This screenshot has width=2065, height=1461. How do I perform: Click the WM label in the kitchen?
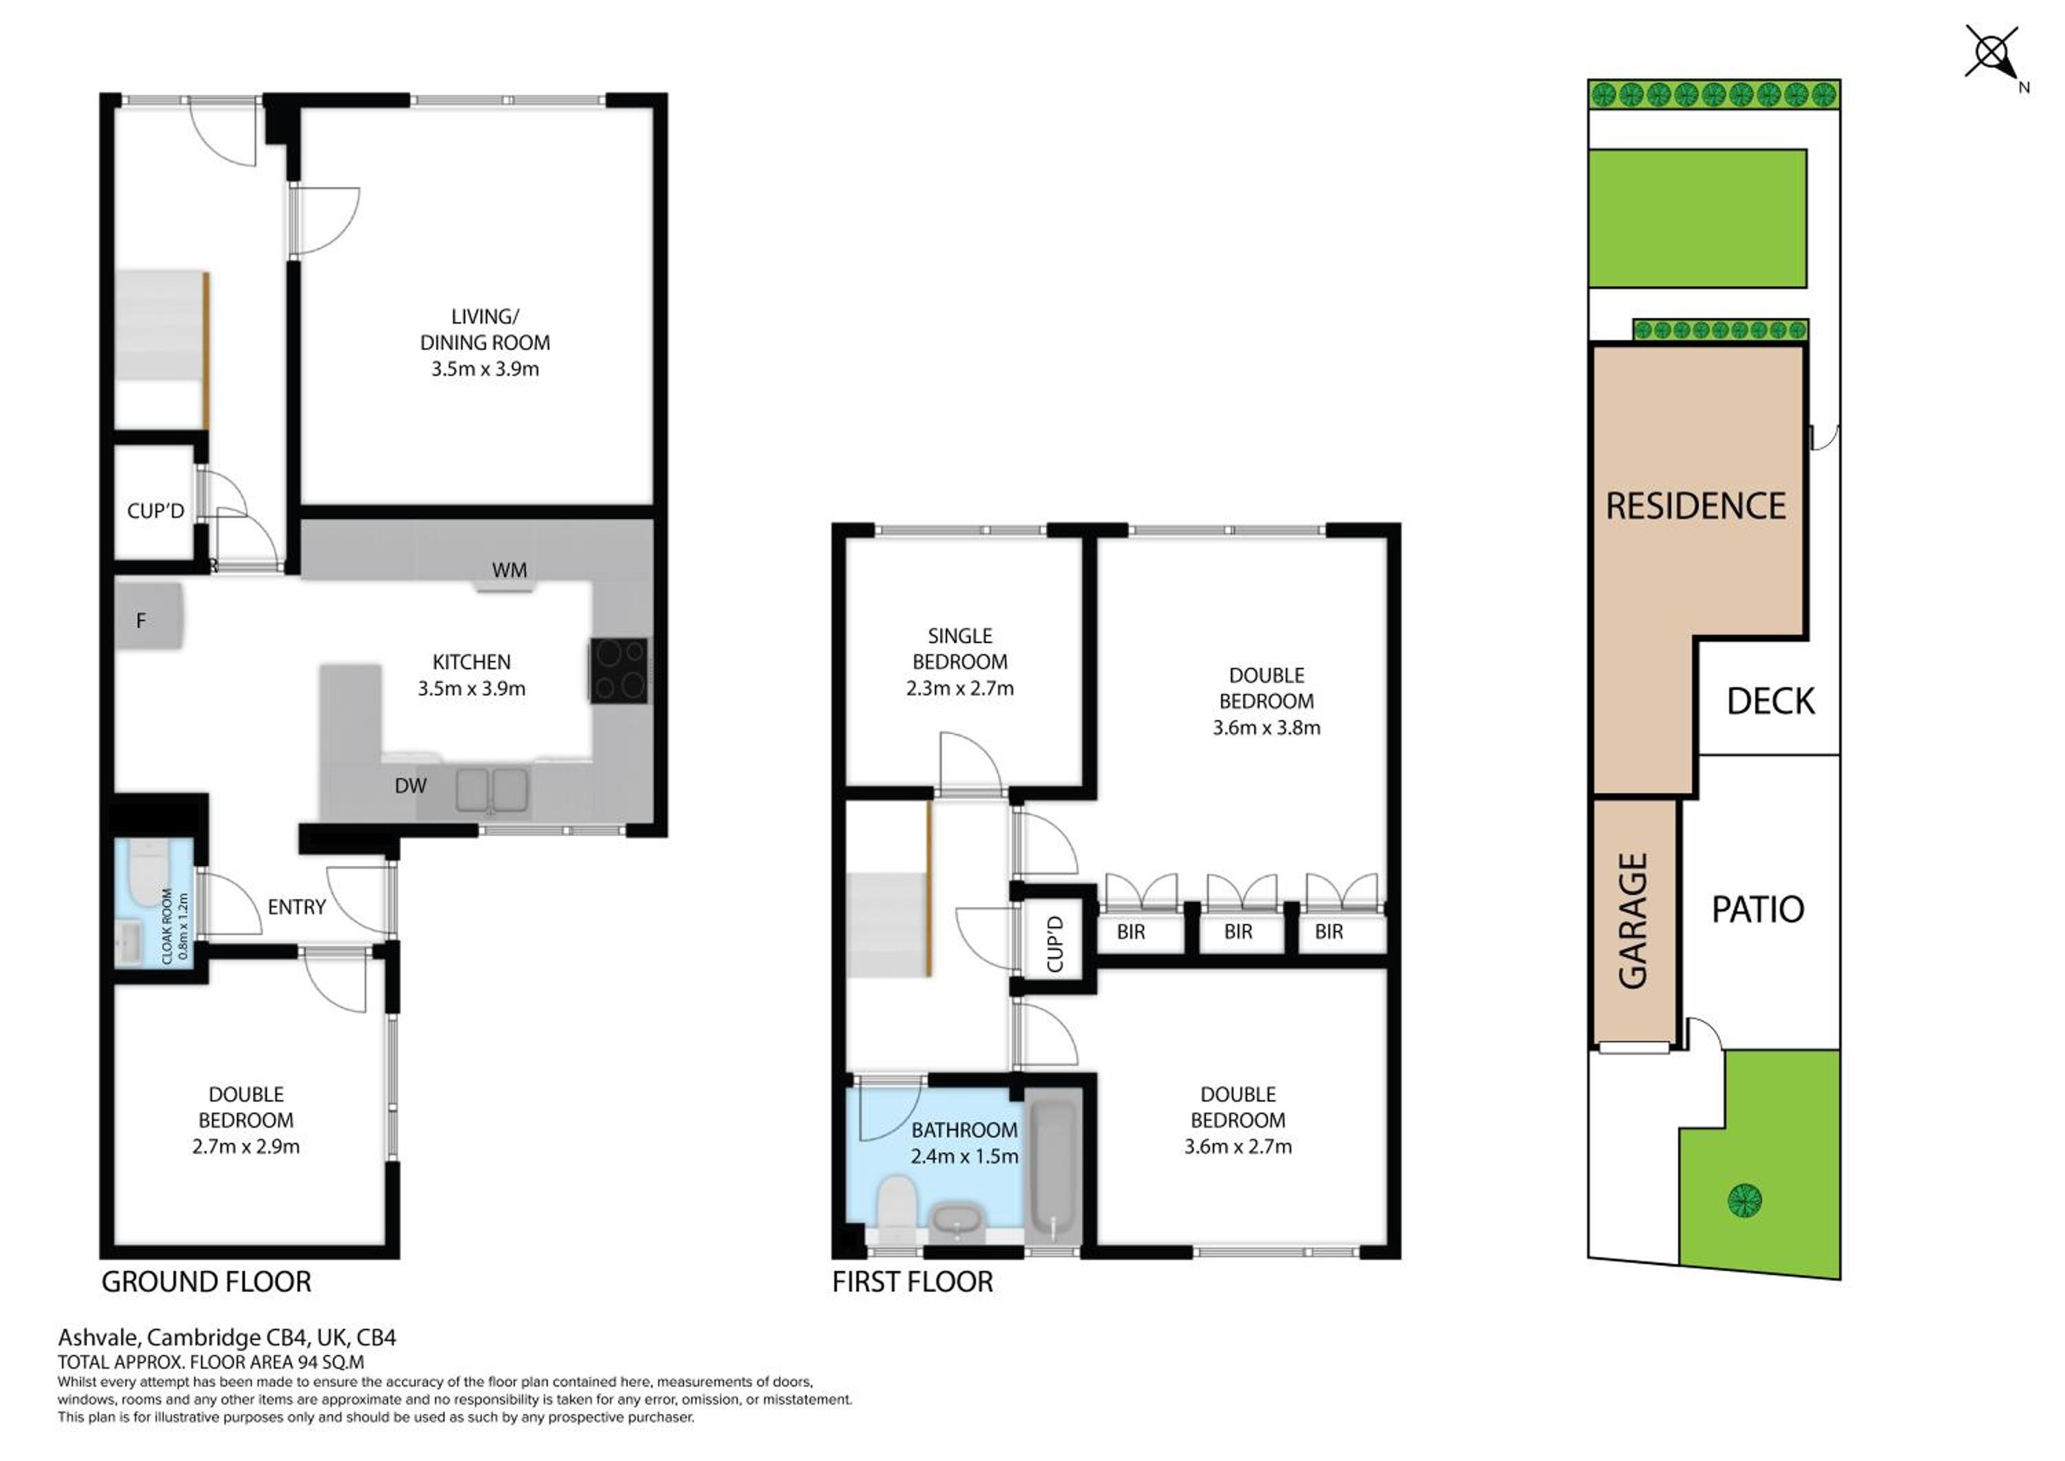tap(509, 569)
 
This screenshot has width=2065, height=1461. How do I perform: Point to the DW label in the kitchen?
tap(410, 786)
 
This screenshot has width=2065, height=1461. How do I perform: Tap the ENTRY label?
tap(297, 907)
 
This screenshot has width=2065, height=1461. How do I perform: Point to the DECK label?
tap(1770, 702)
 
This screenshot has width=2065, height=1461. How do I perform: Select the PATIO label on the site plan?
tap(1757, 910)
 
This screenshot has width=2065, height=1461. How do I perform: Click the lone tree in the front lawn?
tap(1745, 1199)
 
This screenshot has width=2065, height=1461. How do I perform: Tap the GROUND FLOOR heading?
tap(206, 1282)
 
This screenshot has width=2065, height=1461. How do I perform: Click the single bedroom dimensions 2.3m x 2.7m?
tap(960, 689)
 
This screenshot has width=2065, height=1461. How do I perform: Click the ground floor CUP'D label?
tap(156, 511)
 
